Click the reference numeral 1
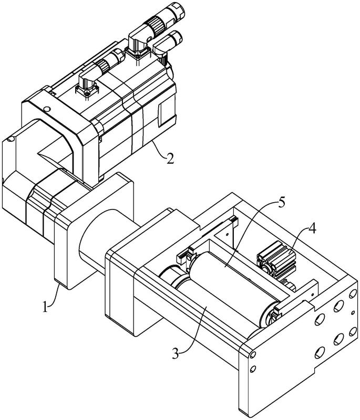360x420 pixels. tap(45, 306)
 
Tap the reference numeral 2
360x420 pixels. tap(170, 159)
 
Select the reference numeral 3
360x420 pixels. tap(176, 353)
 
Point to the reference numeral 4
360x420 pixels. tap(312, 228)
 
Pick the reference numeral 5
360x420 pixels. tap(281, 203)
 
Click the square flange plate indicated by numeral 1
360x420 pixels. tap(94, 230)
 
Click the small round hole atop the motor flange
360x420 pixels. tap(47, 109)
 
